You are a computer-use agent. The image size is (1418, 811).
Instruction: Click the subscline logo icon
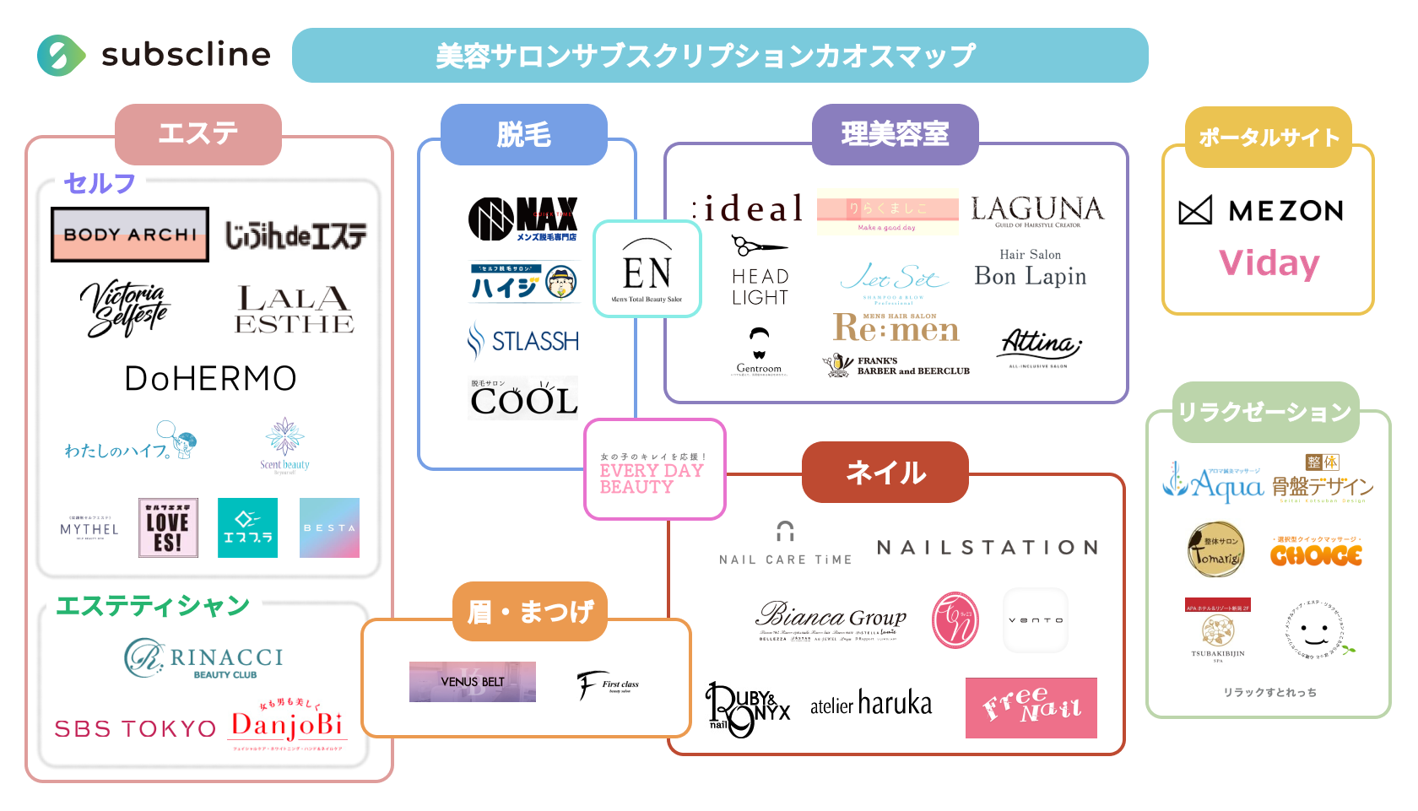[x=61, y=56]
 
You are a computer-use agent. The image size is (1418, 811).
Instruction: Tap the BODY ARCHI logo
[x=130, y=235]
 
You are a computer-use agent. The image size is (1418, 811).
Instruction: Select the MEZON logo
[x=1261, y=210]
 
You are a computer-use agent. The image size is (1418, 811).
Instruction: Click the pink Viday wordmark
[x=1269, y=263]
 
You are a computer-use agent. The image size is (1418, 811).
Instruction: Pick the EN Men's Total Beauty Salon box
[x=647, y=269]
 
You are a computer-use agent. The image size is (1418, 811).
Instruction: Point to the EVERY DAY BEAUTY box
[x=654, y=470]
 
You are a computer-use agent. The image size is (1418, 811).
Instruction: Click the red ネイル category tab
[x=885, y=473]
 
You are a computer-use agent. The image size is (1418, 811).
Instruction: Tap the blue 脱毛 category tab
[x=523, y=135]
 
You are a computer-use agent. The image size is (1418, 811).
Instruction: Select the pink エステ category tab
[x=198, y=134]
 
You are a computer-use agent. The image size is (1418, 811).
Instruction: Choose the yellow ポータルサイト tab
[x=1269, y=137]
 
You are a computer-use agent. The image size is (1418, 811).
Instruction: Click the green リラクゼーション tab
[x=1265, y=413]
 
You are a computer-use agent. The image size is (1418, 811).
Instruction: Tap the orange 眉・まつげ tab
[x=530, y=612]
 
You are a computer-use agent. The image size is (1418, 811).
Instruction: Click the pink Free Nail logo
[x=1031, y=707]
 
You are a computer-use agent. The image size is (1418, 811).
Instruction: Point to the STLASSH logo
[x=523, y=342]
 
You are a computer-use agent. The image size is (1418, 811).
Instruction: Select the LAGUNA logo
[x=1036, y=211]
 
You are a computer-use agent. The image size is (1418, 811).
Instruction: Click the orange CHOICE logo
[x=1316, y=554]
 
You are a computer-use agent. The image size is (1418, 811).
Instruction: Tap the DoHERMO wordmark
[x=210, y=379]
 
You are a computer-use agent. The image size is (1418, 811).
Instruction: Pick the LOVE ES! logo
[x=168, y=527]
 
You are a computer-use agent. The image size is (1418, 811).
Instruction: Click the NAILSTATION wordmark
[x=988, y=548]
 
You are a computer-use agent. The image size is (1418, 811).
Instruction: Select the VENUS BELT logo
[x=473, y=682]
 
